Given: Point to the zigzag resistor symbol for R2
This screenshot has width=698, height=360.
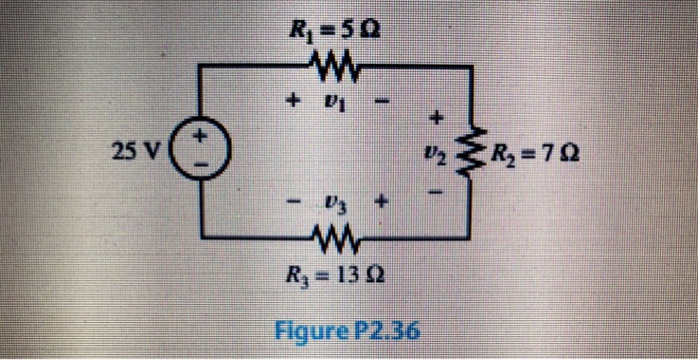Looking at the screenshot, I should click(x=474, y=156).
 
